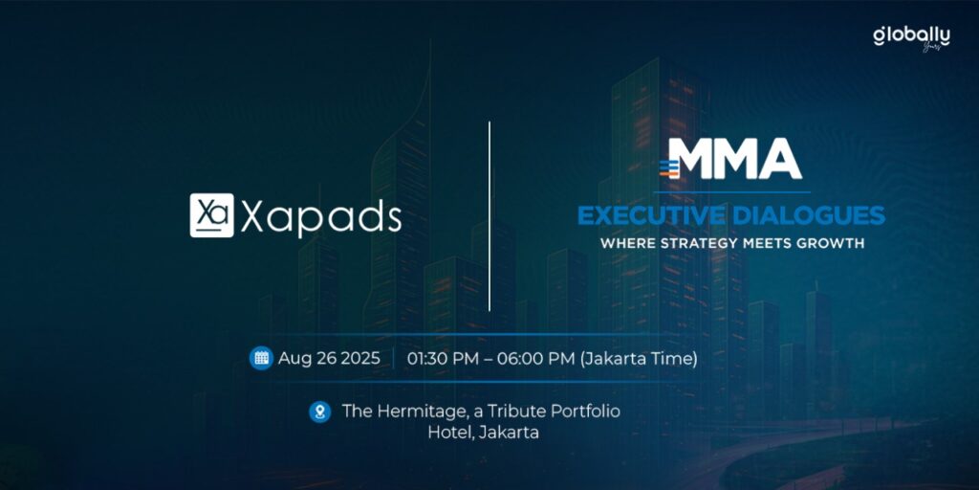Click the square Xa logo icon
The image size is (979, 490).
point(211,215)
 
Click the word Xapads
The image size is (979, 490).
point(321,217)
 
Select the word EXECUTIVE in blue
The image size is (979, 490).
point(650,215)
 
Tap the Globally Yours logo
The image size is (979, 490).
point(911,38)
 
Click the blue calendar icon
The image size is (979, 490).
point(262,358)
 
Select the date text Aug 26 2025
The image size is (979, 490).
point(329,359)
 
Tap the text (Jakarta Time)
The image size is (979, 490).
point(639,360)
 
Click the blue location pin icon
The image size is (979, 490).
point(320,412)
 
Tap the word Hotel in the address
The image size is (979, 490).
point(449,433)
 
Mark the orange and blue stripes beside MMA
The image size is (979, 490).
point(668,168)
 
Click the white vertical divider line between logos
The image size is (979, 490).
point(489,216)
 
